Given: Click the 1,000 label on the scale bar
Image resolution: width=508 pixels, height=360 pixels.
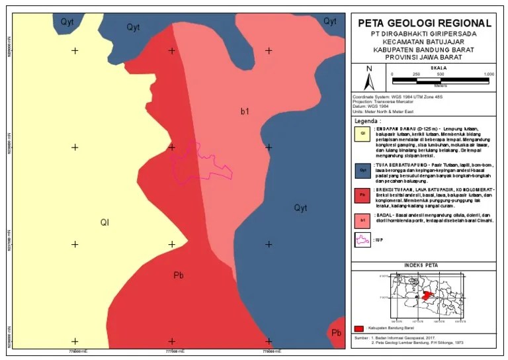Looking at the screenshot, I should pos(489,74).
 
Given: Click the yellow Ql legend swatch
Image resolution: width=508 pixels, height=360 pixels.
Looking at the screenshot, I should pos(362,133).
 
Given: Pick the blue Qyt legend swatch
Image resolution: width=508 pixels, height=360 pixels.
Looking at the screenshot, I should pos(362,170).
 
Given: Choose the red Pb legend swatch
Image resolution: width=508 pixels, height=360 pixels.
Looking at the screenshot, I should pos(362,196).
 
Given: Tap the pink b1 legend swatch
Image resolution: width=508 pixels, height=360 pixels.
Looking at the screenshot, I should pos(362,219).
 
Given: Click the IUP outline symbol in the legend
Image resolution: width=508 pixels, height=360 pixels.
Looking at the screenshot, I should pos(362,241).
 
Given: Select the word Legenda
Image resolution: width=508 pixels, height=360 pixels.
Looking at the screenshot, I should pos(368,122).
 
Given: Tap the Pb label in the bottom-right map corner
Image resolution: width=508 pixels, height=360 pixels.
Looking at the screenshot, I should pos(336,332).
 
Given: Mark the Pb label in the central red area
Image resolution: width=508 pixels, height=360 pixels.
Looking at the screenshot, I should pos(178,275).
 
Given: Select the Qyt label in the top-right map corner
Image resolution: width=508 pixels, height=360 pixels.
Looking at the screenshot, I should pos(330,21).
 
